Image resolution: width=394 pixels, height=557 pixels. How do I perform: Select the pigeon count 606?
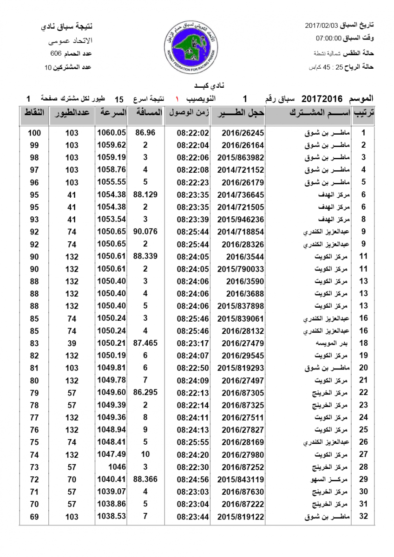pos(56,54)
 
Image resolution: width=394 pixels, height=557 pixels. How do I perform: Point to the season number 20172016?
pos(322,99)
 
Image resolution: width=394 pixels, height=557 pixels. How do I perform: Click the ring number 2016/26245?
pos(243,133)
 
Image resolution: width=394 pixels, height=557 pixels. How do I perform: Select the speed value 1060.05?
pos(112,132)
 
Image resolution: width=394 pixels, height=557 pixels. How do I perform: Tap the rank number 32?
pos(364,516)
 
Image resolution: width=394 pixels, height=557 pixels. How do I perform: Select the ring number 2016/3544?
pos(243,256)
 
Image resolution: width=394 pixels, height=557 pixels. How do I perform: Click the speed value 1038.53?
pos(112,516)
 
